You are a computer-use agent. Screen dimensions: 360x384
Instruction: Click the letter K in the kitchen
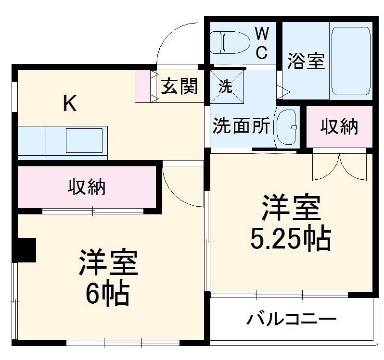pyautogui.click(x=70, y=103)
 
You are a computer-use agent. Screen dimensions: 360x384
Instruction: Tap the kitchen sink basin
pyautogui.click(x=84, y=140)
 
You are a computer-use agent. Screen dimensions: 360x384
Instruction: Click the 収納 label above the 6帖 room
pyautogui.click(x=86, y=187)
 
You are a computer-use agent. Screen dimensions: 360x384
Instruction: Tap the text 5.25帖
pyautogui.click(x=290, y=238)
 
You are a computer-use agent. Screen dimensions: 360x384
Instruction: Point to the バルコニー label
pyautogui.click(x=292, y=319)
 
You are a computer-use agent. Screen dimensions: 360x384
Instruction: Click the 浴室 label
pyautogui.click(x=306, y=62)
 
